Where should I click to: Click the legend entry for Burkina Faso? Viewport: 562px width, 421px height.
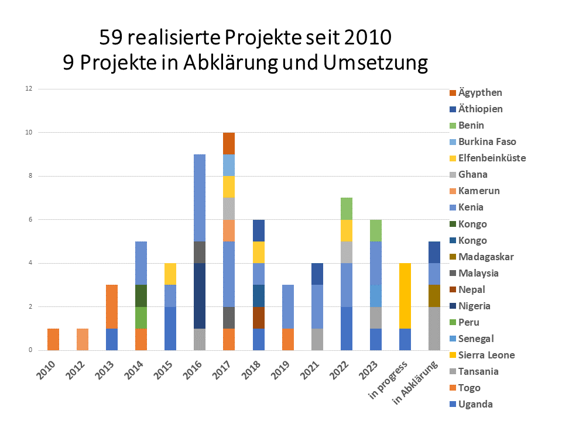click(x=486, y=142)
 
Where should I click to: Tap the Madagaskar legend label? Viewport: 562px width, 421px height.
click(x=485, y=257)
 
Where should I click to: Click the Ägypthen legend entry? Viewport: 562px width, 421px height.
click(x=479, y=92)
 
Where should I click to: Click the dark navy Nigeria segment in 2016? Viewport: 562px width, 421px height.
click(x=200, y=295)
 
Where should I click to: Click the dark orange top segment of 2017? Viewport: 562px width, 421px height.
click(x=228, y=143)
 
